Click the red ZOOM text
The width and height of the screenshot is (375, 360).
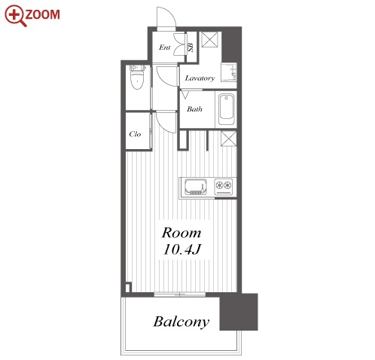tap(42, 14)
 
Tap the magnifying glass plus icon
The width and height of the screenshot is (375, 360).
tap(15, 16)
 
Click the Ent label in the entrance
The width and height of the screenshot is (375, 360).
tap(165, 47)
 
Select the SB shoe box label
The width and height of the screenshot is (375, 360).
tap(191, 47)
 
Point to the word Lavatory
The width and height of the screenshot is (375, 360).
tap(200, 78)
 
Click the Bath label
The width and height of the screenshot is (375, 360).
tap(194, 109)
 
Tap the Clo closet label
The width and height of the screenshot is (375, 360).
tap(135, 134)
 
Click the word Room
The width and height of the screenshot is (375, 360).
tap(181, 233)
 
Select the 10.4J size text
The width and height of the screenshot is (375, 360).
tap(182, 249)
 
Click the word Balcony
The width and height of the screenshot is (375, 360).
tap(181, 322)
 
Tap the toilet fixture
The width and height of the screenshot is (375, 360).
tap(137, 77)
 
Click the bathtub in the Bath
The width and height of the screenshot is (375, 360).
tap(226, 109)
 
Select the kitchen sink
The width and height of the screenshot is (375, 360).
tap(196, 187)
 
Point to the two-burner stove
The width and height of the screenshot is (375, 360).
tap(224, 187)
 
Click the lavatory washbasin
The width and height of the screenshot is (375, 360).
tap(229, 72)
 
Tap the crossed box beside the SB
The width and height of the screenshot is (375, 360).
tap(209, 39)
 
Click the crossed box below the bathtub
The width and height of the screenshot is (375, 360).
tap(229, 139)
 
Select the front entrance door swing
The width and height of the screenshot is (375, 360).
tap(166, 17)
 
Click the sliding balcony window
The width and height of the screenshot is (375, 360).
tap(180, 294)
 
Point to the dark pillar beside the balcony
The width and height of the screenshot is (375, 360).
tap(239, 312)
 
